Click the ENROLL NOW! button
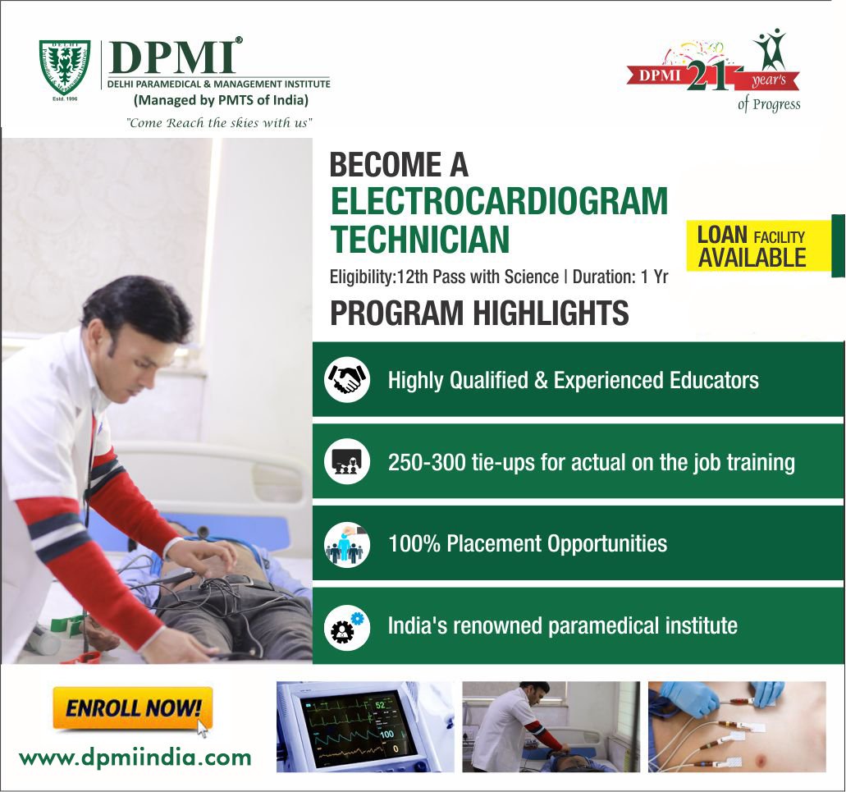pyautogui.click(x=132, y=707)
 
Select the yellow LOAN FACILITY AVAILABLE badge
pyautogui.click(x=752, y=246)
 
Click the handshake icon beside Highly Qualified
pyautogui.click(x=347, y=379)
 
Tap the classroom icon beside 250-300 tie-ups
pyautogui.click(x=347, y=461)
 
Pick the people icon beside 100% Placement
pyautogui.click(x=347, y=544)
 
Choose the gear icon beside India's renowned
pyautogui.click(x=347, y=626)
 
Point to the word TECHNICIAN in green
pyautogui.click(x=419, y=240)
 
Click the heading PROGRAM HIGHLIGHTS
pyautogui.click(x=479, y=313)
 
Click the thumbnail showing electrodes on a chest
pyautogui.click(x=736, y=726)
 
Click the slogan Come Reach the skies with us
pyautogui.click(x=218, y=122)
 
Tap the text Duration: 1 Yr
pyautogui.click(x=620, y=277)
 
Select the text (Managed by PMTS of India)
pyautogui.click(x=221, y=101)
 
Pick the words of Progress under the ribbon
pyautogui.click(x=768, y=104)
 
